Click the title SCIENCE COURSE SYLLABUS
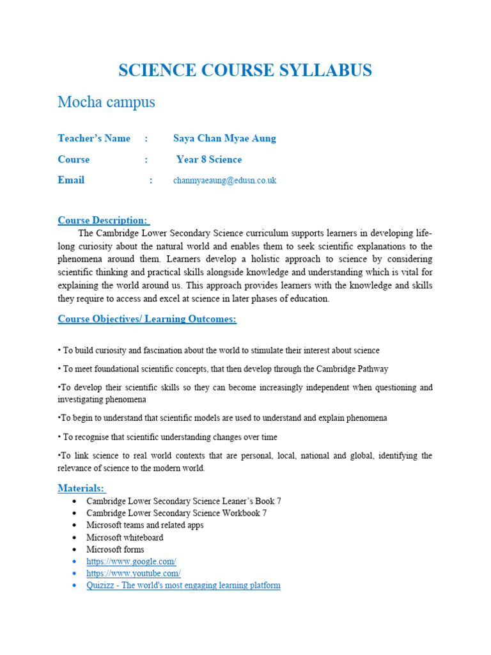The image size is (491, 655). pos(245,70)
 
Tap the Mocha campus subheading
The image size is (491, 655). pos(106,102)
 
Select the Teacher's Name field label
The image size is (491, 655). pos(94,138)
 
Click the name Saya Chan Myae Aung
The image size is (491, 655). pos(224,138)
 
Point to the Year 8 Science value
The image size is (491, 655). pos(209,159)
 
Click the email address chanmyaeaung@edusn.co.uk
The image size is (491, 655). pos(224,180)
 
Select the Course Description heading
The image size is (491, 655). pos(104,221)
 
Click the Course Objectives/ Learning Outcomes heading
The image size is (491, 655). pos(147,319)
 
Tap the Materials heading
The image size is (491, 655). pos(82,488)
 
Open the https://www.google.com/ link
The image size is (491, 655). pos(131,562)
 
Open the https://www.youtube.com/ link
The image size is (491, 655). pos(134,574)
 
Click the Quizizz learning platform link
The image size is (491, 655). pos(183,585)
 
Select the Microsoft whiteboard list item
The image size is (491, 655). pos(125,537)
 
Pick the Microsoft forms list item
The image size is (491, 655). pos(115,549)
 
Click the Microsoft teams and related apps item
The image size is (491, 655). pos(145,525)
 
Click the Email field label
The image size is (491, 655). pos(71,180)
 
